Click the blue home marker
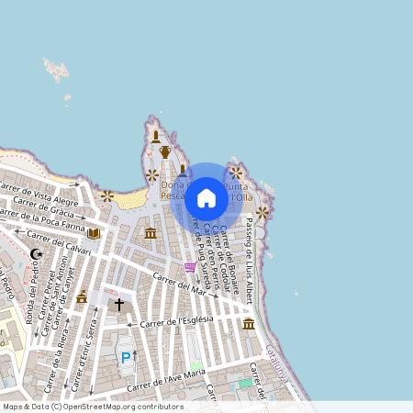pyautogui.click(x=206, y=197)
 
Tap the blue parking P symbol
pyautogui.click(x=126, y=357)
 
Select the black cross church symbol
pyautogui.click(x=118, y=303)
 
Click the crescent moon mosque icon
pyautogui.click(x=37, y=253)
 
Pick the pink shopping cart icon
pyautogui.click(x=189, y=267)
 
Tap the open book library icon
pyautogui.click(x=94, y=233)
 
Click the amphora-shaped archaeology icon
pyautogui.click(x=165, y=152)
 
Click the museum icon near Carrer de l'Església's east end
pyautogui.click(x=248, y=323)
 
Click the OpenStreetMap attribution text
pyautogui.click(x=93, y=407)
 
